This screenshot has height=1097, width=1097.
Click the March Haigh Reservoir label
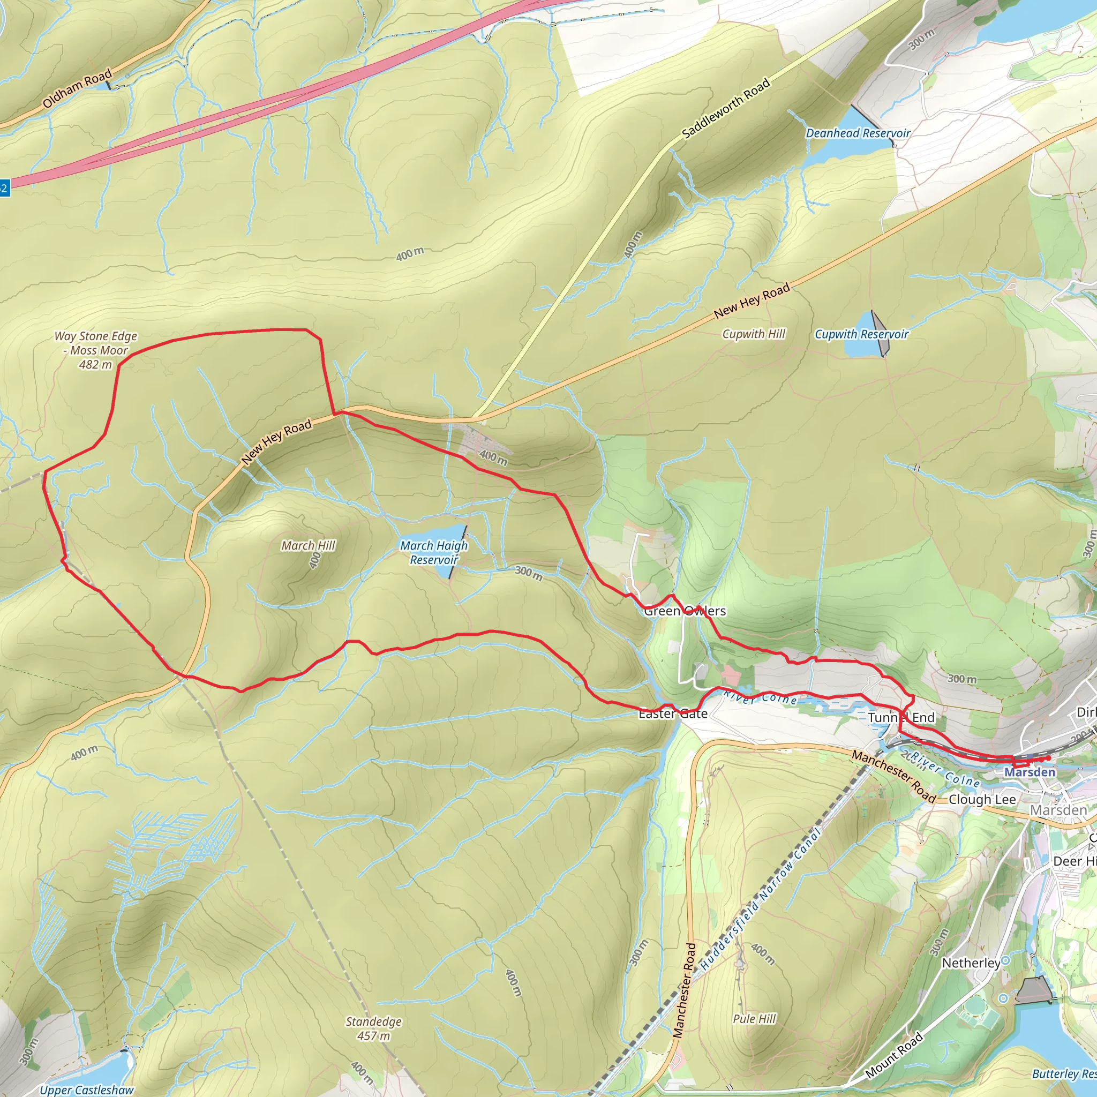434,552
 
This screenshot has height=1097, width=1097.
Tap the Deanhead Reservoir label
858,133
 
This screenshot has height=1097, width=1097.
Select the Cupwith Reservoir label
861,334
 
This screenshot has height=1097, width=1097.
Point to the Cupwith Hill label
754,334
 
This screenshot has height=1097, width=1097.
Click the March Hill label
309,546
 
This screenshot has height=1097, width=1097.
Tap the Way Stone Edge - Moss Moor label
96,350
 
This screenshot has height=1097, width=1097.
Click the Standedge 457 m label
374,1028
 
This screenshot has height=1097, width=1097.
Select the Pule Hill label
754,1019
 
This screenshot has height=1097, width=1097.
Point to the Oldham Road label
77,88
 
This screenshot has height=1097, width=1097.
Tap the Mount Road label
894,1056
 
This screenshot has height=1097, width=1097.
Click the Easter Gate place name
673,713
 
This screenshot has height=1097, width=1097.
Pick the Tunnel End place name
901,718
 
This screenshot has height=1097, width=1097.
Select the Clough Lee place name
982,800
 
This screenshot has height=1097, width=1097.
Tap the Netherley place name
971,963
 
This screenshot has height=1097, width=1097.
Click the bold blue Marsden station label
1030,772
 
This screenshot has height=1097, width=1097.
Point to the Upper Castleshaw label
86,1090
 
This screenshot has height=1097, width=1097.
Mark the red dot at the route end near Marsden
1048,758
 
